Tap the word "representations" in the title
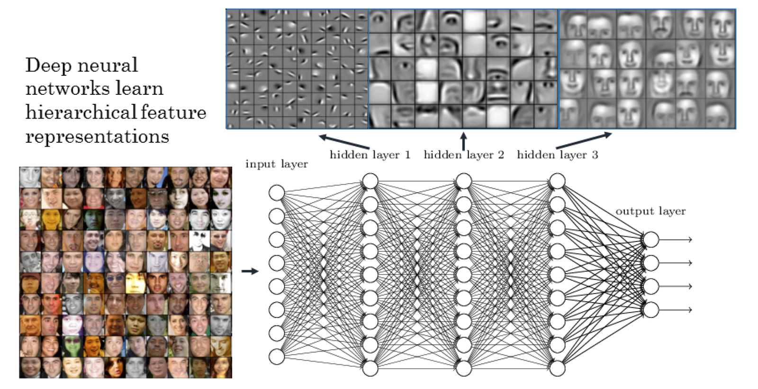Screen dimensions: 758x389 (x=97, y=136)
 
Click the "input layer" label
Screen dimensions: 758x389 (x=277, y=164)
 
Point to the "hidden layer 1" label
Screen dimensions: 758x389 (x=370, y=155)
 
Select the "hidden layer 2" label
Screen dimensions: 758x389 (x=464, y=155)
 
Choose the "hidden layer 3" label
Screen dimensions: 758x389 (x=557, y=155)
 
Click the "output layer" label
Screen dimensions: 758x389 (x=650, y=211)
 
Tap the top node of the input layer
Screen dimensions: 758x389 (x=277, y=193)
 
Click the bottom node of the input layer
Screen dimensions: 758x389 (x=277, y=357)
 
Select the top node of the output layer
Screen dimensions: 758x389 (x=651, y=240)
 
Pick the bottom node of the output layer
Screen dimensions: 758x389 (x=651, y=310)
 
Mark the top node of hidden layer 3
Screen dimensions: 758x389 (x=557, y=181)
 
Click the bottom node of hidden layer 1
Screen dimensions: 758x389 (x=370, y=368)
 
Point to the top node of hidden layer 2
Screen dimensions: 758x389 (x=464, y=181)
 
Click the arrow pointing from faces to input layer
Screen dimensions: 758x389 (x=250, y=271)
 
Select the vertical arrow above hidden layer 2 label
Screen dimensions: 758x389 (x=464, y=141)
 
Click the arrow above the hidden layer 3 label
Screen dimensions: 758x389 (x=584, y=141)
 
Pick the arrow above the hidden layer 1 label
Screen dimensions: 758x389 (x=344, y=142)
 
